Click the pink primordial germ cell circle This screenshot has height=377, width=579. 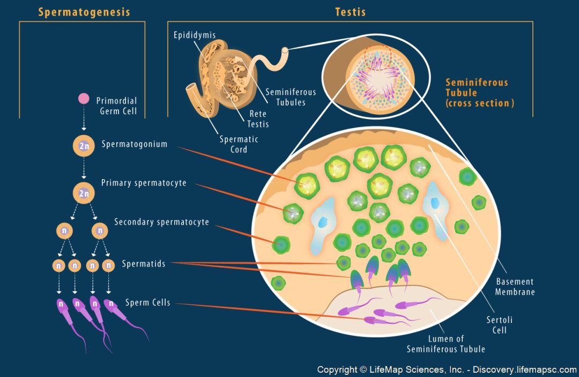click(x=84, y=99)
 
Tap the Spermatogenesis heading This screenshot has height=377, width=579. click(x=84, y=12)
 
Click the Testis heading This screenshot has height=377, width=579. click(x=351, y=12)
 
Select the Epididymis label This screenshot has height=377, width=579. click(x=195, y=35)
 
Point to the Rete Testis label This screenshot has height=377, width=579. click(x=258, y=119)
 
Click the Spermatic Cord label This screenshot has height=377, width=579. click(x=239, y=144)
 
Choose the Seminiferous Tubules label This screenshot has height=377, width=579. click(x=291, y=97)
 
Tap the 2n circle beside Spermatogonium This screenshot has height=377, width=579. click(x=84, y=145)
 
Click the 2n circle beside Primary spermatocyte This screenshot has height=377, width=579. click(x=84, y=193)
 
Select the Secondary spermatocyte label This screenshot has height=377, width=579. click(x=161, y=222)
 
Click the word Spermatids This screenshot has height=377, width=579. click(x=144, y=264)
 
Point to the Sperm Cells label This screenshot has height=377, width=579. click(x=148, y=302)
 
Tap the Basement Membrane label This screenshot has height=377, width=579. click(x=515, y=287)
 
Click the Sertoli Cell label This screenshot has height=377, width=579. click(x=499, y=325)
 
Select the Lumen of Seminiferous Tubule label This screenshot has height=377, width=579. click(x=446, y=344)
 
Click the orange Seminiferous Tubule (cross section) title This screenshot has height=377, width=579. click(x=480, y=93)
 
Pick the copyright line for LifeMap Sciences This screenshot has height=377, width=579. click(x=447, y=369)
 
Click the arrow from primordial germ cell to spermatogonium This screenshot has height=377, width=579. click(x=84, y=117)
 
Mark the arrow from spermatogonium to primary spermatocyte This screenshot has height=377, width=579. click(x=84, y=168)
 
